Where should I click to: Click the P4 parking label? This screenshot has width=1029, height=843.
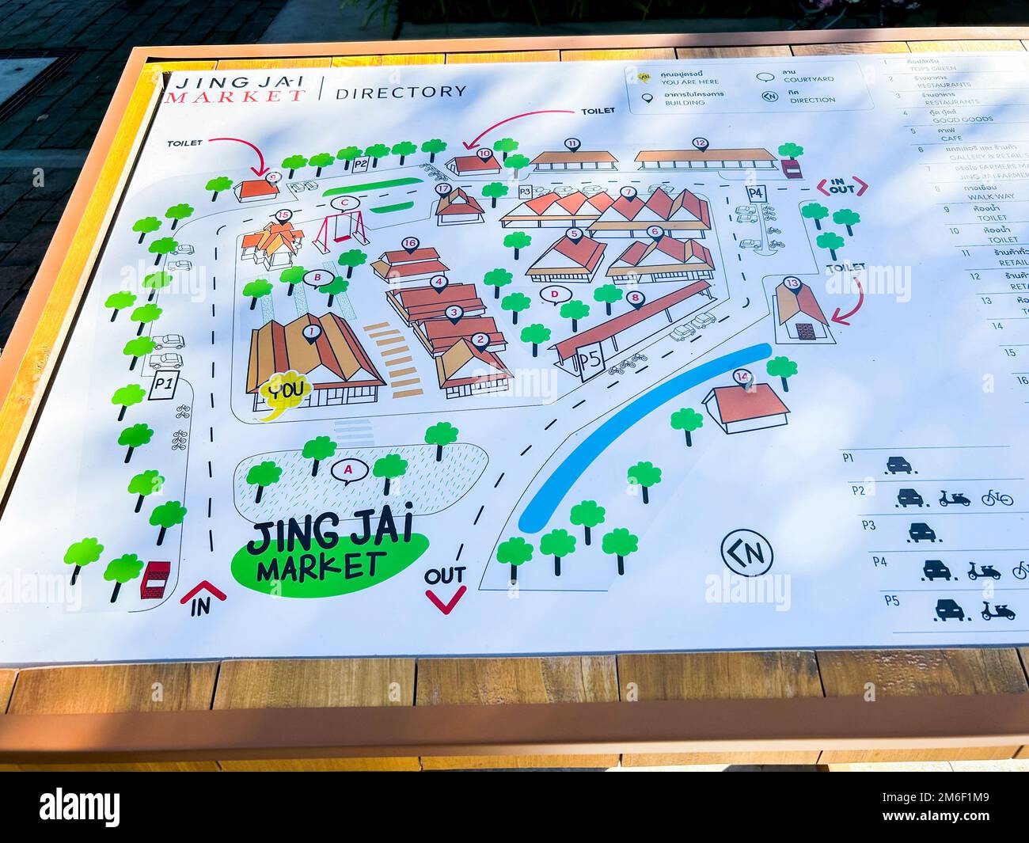tap(756, 193)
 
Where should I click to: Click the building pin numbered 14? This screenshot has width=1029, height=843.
tap(742, 377)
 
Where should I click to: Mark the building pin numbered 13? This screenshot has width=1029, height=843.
tap(792, 283)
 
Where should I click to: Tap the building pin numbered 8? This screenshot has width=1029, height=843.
tap(634, 298)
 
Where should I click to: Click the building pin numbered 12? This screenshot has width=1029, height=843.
tap(699, 144)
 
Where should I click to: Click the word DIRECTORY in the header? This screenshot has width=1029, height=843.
tap(401, 92)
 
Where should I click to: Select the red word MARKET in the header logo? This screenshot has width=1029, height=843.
tap(235, 97)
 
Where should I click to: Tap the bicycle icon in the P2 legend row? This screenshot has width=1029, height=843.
tap(997, 498)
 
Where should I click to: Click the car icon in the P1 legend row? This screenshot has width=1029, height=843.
tap(901, 465)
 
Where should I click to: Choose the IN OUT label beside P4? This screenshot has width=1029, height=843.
tap(841, 187)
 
